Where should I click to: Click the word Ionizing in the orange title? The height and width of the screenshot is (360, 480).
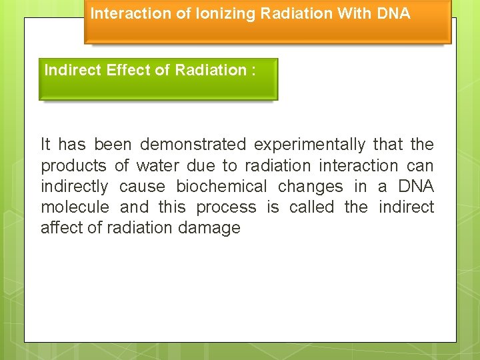[219, 13]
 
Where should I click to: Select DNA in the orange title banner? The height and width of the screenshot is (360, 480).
[393, 13]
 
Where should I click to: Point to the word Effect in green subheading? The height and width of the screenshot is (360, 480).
[127, 70]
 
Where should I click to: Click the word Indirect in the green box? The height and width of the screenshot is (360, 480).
[73, 70]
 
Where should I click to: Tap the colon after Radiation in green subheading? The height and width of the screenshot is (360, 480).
[253, 70]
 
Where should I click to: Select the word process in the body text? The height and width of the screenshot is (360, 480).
[225, 207]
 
